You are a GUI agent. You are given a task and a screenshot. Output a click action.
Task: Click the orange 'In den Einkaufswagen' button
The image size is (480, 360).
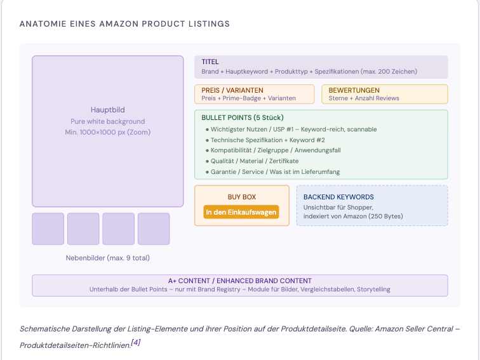click(241, 212)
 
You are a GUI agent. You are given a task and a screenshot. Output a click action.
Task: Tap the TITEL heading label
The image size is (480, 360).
click(210, 62)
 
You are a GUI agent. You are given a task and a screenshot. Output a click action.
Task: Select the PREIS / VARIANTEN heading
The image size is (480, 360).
click(232, 90)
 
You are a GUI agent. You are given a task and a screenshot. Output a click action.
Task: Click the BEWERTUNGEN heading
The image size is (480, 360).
click(354, 90)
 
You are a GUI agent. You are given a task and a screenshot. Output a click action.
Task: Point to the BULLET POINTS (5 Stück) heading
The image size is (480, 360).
click(243, 117)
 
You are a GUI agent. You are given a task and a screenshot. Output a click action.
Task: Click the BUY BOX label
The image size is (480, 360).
click(242, 197)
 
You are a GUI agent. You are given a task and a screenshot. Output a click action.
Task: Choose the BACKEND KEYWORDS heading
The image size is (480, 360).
click(338, 197)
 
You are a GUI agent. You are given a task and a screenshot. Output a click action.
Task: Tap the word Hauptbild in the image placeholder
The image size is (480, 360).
click(108, 110)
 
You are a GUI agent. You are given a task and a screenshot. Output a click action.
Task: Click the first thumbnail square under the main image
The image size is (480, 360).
click(48, 229)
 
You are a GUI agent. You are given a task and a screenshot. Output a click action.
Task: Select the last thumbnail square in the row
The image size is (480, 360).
click(154, 229)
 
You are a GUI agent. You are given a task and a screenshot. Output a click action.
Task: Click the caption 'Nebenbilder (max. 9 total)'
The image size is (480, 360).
click(108, 258)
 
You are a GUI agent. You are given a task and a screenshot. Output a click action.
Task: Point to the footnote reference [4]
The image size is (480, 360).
click(135, 342)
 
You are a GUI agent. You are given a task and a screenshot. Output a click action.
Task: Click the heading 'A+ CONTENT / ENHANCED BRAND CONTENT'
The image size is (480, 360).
click(240, 281)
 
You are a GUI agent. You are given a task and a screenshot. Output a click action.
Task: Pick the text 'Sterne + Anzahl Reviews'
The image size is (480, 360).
click(364, 98)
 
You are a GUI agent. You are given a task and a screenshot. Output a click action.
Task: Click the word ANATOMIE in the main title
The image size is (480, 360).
click(43, 24)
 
